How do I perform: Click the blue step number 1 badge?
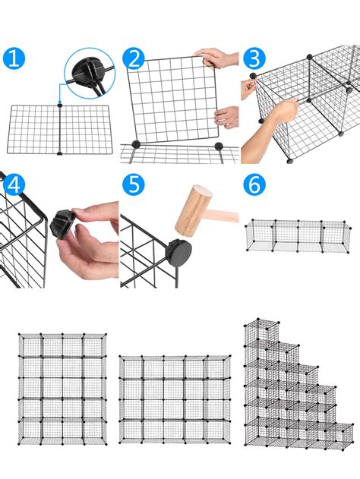click(13, 58)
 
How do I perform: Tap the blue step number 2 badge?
click(134, 58)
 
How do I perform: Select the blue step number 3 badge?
click(253, 58)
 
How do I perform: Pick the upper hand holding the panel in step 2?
click(220, 58)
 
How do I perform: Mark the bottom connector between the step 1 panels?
click(60, 153)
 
